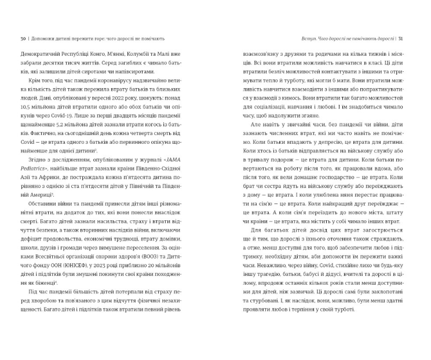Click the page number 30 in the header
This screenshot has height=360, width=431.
[x=22, y=38]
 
